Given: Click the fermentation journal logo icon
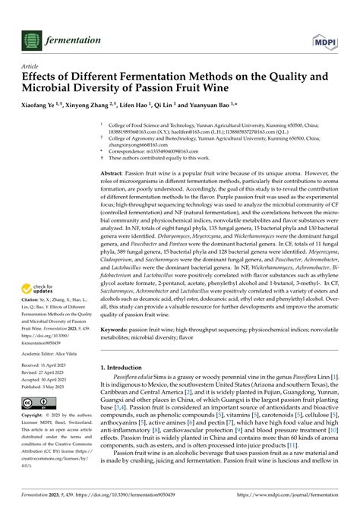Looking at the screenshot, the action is click(30, 39).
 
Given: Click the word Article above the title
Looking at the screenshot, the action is click(29, 66).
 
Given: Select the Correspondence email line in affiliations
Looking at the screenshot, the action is click(167, 150).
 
